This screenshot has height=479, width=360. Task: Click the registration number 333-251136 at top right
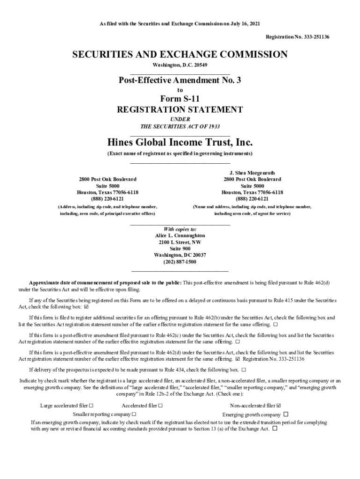pos(314,36)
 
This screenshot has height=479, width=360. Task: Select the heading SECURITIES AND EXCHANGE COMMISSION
pos(180,55)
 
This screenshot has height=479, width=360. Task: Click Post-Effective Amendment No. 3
pos(180,80)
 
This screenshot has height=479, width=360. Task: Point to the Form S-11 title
pos(180,99)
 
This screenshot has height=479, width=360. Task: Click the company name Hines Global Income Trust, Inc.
pos(180,142)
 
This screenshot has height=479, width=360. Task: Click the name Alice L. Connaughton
pos(180,236)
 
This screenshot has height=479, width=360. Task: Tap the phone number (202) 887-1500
pos(180,262)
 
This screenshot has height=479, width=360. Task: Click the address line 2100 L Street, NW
pos(180,242)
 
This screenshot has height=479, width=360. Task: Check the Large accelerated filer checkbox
pos(91,406)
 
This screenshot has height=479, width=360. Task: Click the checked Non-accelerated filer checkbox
pos(279,406)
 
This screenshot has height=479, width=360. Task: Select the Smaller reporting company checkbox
pos(134,414)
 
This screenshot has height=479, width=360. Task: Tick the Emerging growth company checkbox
pos(286,414)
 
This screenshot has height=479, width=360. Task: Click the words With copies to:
pos(180,229)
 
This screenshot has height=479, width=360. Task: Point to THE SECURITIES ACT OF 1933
pos(180,127)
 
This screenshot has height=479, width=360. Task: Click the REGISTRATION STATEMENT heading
pos(180,110)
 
